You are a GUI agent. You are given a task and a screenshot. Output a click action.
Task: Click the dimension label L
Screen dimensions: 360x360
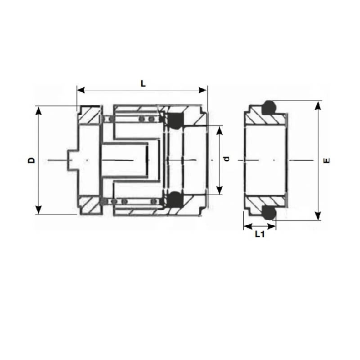pyautogui.click(x=143, y=83)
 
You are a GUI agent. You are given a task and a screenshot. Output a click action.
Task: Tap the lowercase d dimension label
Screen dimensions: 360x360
pyautogui.click(x=227, y=158)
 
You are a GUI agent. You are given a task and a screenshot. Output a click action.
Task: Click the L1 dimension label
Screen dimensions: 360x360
pyautogui.click(x=259, y=234)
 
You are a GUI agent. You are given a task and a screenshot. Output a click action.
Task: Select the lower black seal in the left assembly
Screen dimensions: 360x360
pyautogui.click(x=175, y=200)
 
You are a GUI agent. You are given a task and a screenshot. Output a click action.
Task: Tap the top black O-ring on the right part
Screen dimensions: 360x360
pyautogui.click(x=269, y=107)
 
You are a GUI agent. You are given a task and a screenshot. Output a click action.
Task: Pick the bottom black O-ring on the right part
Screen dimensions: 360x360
pyautogui.click(x=269, y=212)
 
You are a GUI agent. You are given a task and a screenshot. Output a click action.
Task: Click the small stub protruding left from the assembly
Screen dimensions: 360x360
pyautogui.click(x=72, y=160)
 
